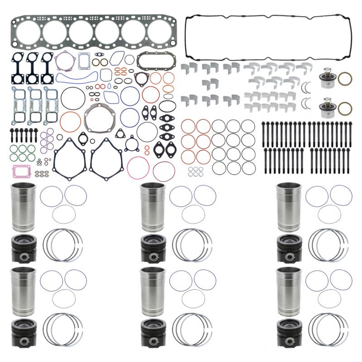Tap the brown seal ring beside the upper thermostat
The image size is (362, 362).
click(x=345, y=78)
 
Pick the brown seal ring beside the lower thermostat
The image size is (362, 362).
click(x=345, y=109)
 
